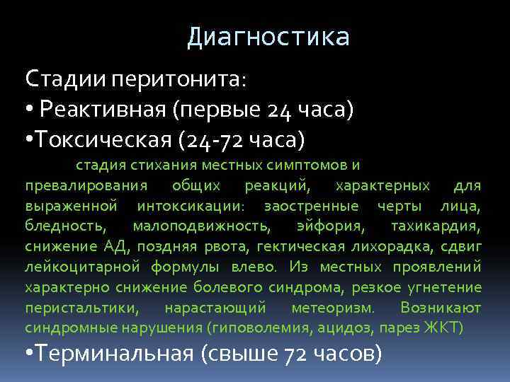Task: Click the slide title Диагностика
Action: point(268,37)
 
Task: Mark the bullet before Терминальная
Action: point(30,353)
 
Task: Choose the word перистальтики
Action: point(82,308)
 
